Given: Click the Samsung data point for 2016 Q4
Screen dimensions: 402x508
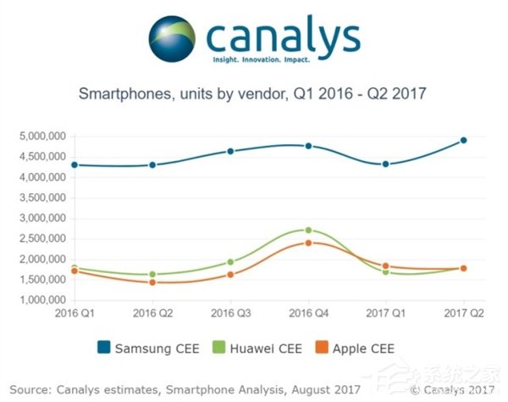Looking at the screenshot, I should [308, 146].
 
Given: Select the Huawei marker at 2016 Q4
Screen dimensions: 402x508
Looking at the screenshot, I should [308, 230].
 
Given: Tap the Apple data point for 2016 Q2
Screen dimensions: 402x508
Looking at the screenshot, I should [152, 282].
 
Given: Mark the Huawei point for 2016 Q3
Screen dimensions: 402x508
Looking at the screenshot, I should [230, 262].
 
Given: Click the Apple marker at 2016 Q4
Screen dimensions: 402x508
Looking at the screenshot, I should [308, 243].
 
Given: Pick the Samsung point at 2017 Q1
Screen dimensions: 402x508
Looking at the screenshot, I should [386, 164].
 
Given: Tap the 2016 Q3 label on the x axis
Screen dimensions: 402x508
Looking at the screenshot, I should [230, 315].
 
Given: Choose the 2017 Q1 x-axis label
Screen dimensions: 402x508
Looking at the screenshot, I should [386, 315].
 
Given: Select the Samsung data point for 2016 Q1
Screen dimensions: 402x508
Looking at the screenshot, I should [75, 165].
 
